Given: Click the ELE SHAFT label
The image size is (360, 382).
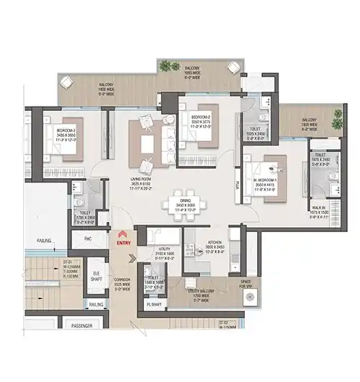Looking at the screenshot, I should [96, 275].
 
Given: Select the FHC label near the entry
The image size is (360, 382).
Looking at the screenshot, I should [87, 238].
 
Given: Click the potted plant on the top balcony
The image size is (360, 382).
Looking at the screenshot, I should [170, 66].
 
